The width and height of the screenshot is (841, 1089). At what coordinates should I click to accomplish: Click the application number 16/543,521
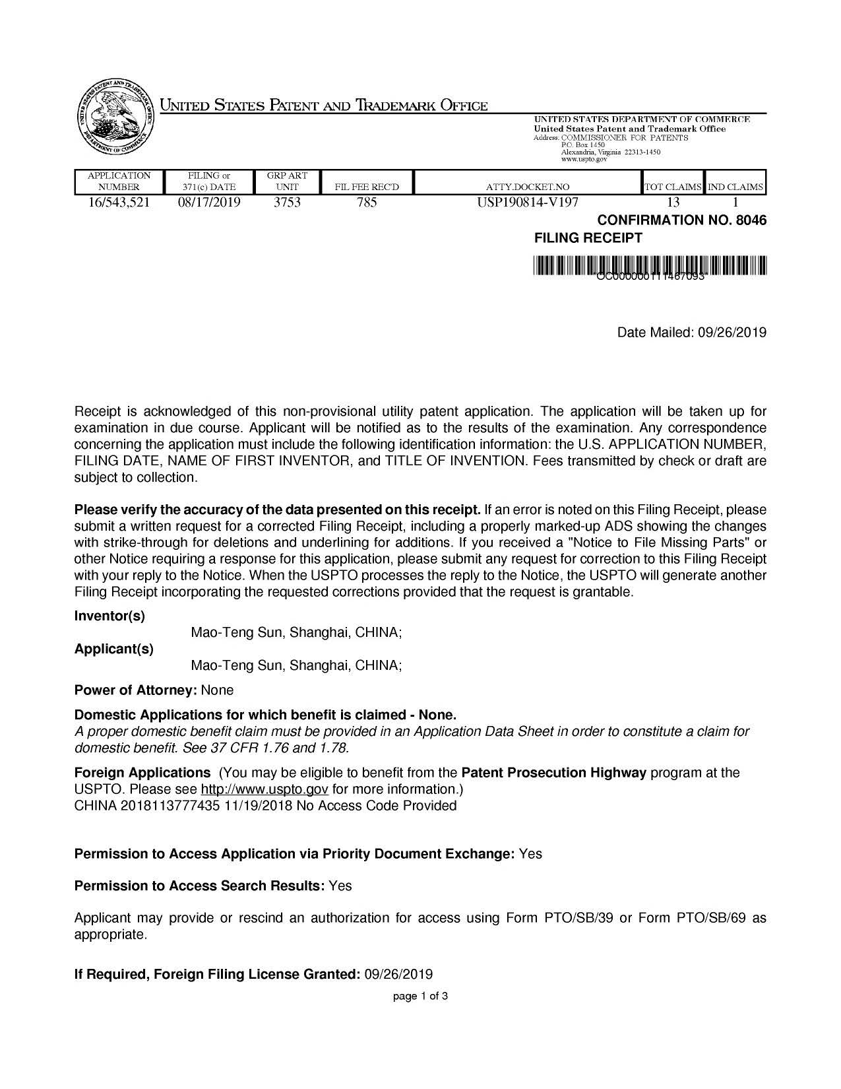[x=119, y=203]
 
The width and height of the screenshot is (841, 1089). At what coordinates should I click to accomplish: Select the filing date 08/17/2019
[x=209, y=203]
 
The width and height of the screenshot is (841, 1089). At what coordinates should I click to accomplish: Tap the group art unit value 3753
[x=287, y=203]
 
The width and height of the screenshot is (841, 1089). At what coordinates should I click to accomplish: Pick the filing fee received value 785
[x=367, y=203]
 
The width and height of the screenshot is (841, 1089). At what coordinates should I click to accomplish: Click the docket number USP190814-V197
[x=528, y=203]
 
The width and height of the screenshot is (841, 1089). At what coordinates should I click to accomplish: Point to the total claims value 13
[x=673, y=203]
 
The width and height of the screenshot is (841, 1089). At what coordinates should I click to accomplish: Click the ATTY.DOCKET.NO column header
[x=528, y=187]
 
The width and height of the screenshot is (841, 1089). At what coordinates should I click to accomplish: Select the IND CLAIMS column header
[x=735, y=187]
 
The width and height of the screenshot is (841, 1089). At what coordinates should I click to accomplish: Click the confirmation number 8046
[x=751, y=220]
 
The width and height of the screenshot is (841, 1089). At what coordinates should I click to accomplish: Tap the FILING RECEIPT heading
[x=588, y=238]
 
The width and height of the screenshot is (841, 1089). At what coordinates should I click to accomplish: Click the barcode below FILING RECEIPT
[x=650, y=266]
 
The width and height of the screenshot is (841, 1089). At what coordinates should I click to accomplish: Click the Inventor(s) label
[x=109, y=616]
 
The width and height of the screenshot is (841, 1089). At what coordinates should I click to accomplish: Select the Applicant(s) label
[x=114, y=649]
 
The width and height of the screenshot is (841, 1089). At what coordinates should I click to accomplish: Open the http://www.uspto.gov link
[x=265, y=789]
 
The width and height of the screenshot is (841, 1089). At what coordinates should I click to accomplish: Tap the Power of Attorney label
[x=135, y=690]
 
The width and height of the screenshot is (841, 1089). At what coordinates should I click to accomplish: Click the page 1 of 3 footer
[x=420, y=996]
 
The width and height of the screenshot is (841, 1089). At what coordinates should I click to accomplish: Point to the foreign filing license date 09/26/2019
[x=398, y=974]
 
